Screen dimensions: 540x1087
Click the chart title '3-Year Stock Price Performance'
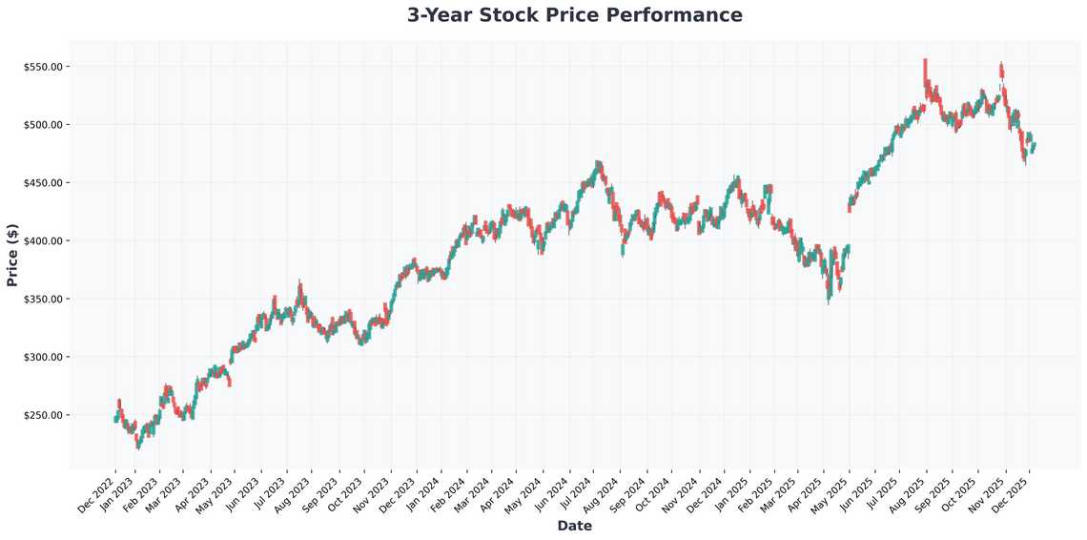tap(574, 15)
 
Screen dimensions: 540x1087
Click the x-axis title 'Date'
tap(574, 526)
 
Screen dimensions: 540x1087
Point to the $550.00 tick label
tap(43, 67)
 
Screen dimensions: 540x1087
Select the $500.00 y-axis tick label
tap(43, 125)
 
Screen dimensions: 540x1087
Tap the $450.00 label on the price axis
tap(43, 183)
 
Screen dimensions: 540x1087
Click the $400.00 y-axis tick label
tap(43, 241)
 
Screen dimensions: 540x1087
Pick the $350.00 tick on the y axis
tap(43, 300)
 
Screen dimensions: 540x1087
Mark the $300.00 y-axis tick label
tap(43, 358)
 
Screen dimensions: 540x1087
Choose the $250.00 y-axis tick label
tap(43, 416)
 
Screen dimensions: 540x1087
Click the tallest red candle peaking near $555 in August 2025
tap(925, 72)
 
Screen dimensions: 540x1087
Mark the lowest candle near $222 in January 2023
tap(137, 442)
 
